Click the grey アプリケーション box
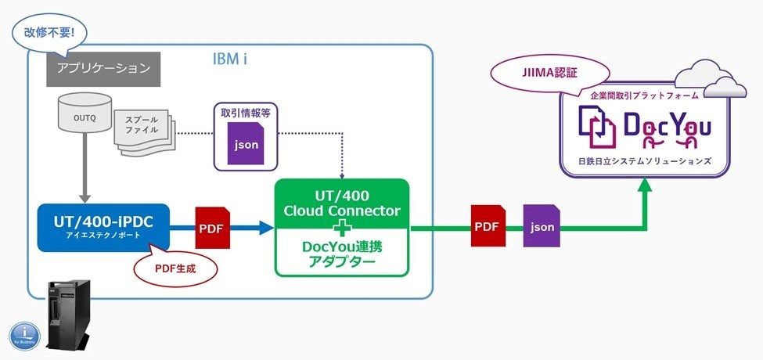103,69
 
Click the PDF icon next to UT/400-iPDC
211,227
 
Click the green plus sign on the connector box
342,229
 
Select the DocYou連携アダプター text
341,254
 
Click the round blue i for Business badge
23,334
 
